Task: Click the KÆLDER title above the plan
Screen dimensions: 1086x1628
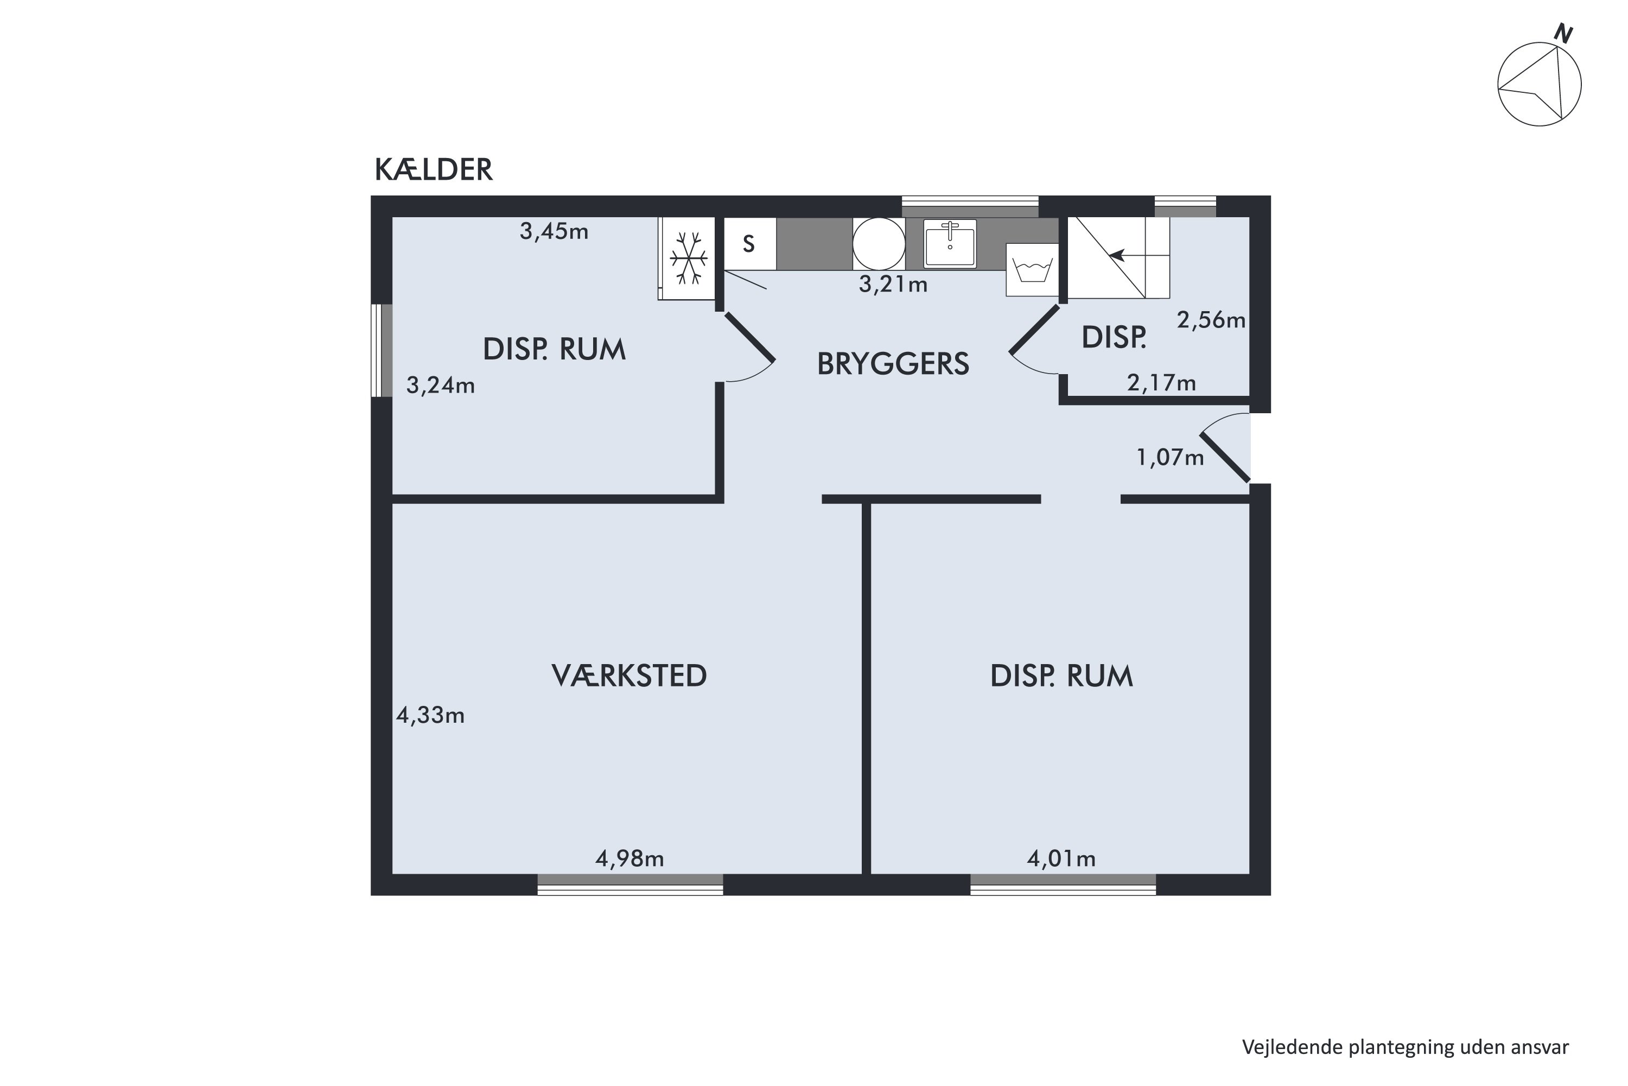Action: [x=433, y=169]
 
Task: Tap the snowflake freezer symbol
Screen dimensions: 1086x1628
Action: [x=688, y=258]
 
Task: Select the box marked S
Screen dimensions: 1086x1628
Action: [x=749, y=244]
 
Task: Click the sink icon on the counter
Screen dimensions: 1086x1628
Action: [x=950, y=244]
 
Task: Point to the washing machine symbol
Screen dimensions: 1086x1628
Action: [x=1032, y=269]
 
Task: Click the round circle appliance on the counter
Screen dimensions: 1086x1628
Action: [x=879, y=244]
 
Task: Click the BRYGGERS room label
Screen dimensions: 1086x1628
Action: [x=892, y=364]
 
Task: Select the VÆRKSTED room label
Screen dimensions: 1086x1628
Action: [x=628, y=676]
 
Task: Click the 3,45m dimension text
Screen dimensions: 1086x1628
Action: [x=554, y=231]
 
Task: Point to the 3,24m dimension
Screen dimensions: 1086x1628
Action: [x=440, y=385]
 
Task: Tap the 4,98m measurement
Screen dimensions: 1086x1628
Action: [x=629, y=859]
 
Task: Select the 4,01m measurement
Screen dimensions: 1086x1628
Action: [x=1060, y=859]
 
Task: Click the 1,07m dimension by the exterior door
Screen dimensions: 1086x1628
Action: [x=1170, y=457]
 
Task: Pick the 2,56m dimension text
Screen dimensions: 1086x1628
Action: [x=1211, y=320]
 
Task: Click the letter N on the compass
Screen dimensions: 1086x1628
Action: [x=1563, y=33]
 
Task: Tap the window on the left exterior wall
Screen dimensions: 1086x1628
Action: [x=382, y=350]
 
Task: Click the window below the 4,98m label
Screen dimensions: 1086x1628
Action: [x=630, y=885]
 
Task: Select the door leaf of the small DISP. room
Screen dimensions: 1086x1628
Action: [x=1034, y=330]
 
